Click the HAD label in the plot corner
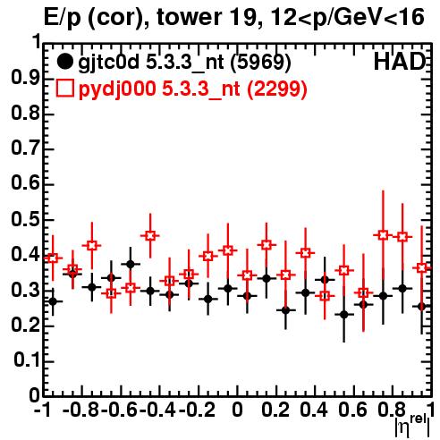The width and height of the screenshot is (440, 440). (400, 62)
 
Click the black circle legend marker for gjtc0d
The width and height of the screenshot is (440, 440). (64, 62)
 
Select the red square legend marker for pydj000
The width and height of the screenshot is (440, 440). (64, 88)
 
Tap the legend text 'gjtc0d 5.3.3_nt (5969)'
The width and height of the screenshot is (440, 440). (184, 63)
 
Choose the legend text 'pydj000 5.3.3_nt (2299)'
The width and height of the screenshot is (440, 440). (192, 89)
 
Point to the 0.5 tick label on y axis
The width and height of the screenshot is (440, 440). (25, 219)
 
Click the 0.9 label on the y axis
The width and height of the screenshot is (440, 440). (25, 78)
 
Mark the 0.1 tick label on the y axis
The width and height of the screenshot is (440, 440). (26, 360)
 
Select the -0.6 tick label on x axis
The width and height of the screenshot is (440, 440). (119, 410)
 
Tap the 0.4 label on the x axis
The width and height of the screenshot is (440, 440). (314, 410)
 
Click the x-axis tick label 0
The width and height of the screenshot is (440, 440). (237, 410)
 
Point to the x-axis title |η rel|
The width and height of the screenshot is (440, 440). (412, 426)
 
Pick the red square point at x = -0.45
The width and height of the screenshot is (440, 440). (150, 235)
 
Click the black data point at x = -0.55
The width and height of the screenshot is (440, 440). (131, 264)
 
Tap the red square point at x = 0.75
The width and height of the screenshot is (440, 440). (383, 235)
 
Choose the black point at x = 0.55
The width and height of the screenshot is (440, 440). (344, 314)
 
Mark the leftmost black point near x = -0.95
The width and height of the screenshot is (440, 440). (53, 301)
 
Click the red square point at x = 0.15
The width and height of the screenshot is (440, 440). (267, 245)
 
